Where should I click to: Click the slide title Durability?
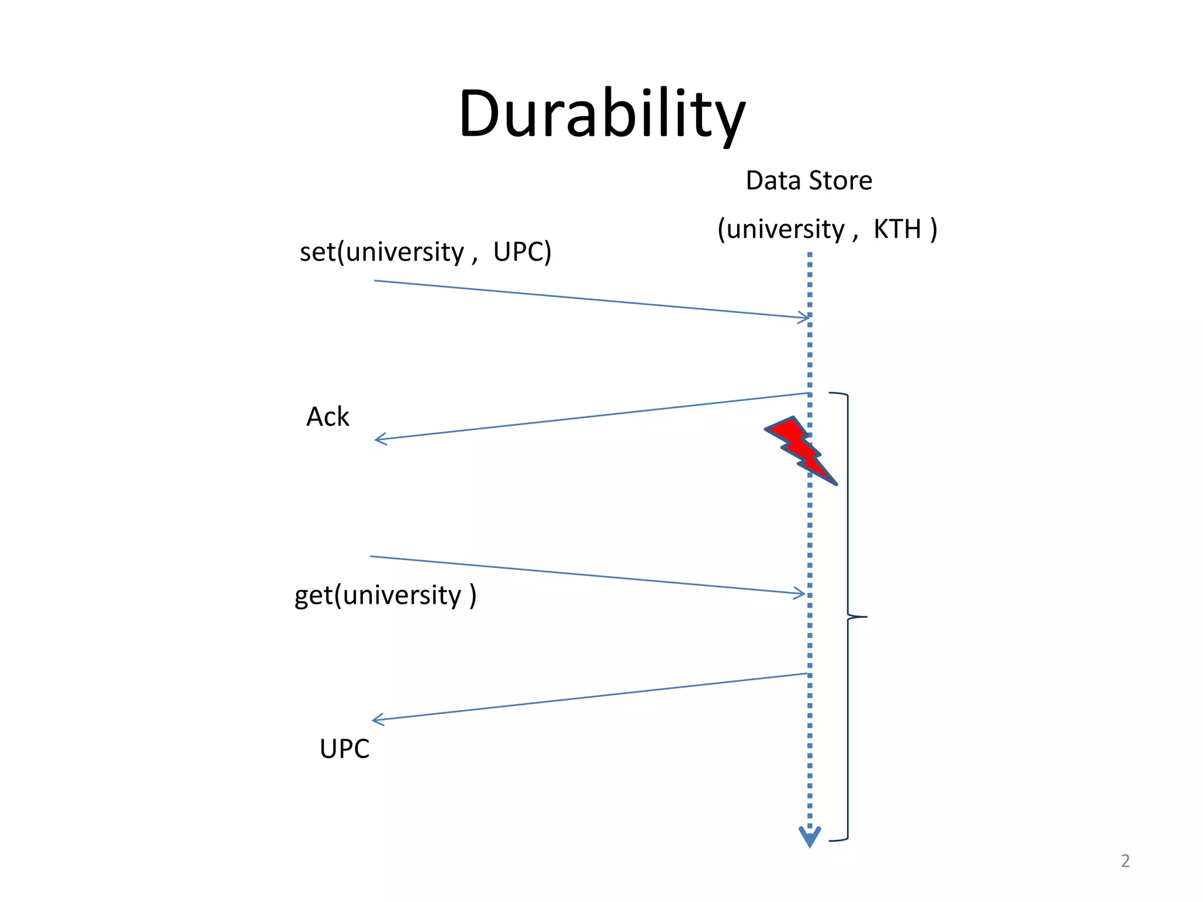(x=601, y=113)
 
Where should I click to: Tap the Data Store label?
(x=808, y=180)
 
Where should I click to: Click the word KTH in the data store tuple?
(x=897, y=229)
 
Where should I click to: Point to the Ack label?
(x=327, y=417)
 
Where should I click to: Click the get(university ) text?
(x=385, y=595)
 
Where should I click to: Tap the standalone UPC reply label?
(x=344, y=749)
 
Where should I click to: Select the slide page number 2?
(x=1125, y=861)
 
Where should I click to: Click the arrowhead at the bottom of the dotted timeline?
(x=809, y=837)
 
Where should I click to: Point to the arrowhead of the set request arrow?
(x=805, y=318)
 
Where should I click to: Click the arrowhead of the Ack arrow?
(x=379, y=439)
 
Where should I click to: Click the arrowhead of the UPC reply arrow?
(x=377, y=719)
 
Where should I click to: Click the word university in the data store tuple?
(x=785, y=229)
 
